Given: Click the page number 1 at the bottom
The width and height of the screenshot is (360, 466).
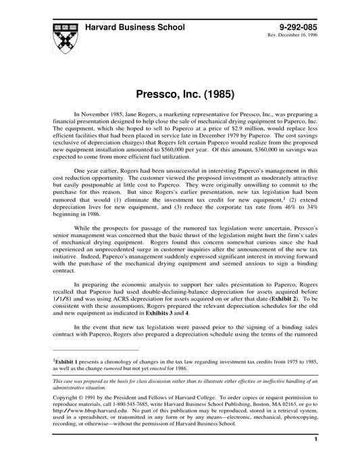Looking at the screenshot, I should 315,458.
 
